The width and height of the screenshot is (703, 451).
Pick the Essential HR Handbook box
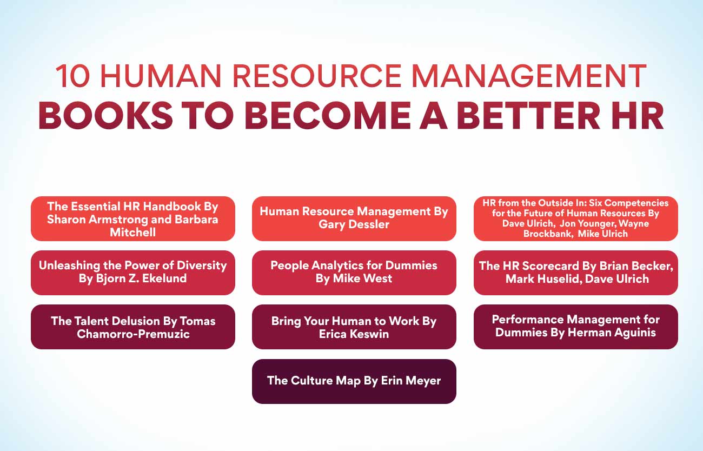[x=132, y=219]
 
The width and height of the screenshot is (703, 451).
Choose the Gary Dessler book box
[x=354, y=218]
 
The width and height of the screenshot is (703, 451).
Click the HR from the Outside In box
[x=575, y=218]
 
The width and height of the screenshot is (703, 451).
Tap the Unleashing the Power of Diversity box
[x=132, y=273]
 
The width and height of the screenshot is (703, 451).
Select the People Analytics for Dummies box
[x=354, y=273]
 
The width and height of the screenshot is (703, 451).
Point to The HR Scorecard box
[x=575, y=273]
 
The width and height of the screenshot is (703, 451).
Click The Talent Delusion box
[x=132, y=327]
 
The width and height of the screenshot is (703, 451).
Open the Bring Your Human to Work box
[x=354, y=327]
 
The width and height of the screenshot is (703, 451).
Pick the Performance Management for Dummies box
[x=575, y=327]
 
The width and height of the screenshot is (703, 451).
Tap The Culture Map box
[x=354, y=381]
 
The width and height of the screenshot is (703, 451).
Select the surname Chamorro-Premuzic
[x=132, y=334]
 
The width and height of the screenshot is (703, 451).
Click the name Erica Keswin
[x=354, y=334]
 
